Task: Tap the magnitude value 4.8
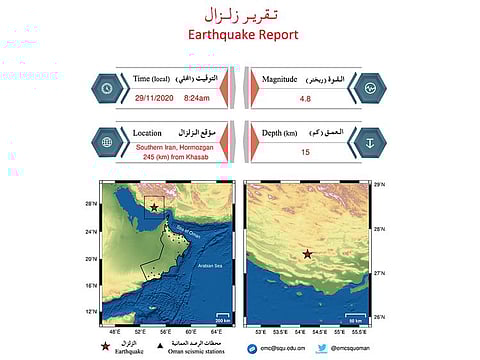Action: click(x=306, y=99)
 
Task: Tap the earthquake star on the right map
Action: click(x=307, y=254)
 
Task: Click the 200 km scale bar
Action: click(x=225, y=318)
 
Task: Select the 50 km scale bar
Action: click(x=355, y=318)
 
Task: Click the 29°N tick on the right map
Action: click(x=378, y=185)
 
